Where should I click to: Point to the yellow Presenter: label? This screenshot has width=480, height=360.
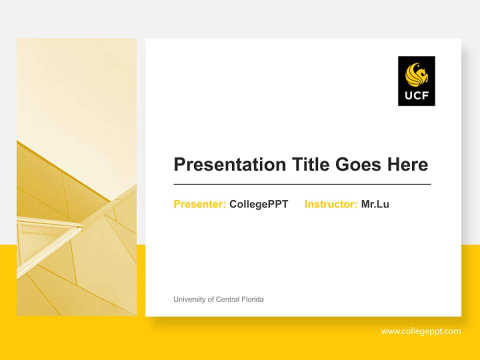(199, 204)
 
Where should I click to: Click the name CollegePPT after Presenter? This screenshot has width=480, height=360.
(258, 204)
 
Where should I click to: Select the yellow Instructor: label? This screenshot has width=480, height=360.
(330, 204)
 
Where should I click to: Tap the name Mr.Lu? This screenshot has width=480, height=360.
(375, 204)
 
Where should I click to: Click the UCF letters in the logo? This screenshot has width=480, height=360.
(416, 95)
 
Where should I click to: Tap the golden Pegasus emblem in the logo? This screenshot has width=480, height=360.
(417, 75)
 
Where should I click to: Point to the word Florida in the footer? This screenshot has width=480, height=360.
(253, 299)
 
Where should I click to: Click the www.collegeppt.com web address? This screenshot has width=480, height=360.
(421, 331)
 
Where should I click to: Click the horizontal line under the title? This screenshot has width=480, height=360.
(302, 184)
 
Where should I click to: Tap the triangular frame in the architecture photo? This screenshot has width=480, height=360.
(50, 235)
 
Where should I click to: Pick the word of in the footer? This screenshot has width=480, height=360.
(210, 299)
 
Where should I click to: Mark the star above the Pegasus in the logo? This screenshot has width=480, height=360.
(408, 65)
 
